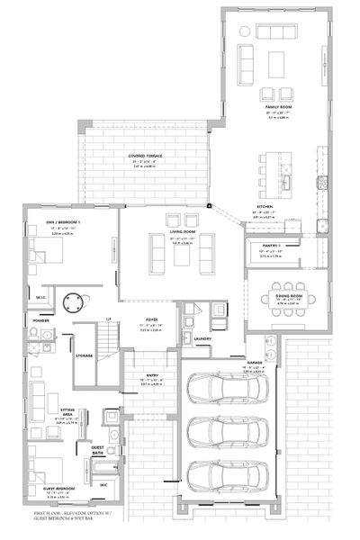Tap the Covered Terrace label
[x=145, y=155]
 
